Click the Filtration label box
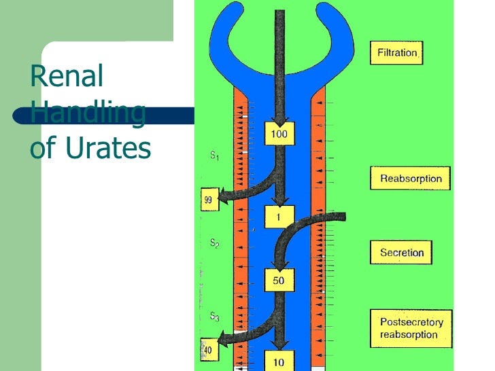[x=396, y=53]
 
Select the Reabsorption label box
[x=411, y=179]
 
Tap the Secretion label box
[x=402, y=253]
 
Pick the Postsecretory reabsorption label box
[x=411, y=328]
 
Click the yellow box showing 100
[x=279, y=134]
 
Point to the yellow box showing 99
[x=209, y=199]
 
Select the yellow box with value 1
[x=278, y=216]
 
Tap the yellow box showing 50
[x=278, y=280]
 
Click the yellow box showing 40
[x=208, y=350]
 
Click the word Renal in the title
[x=66, y=77]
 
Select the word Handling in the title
[x=88, y=112]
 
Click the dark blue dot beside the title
[x=20, y=116]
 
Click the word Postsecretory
[x=411, y=322]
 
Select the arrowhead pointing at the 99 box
[x=224, y=199]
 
